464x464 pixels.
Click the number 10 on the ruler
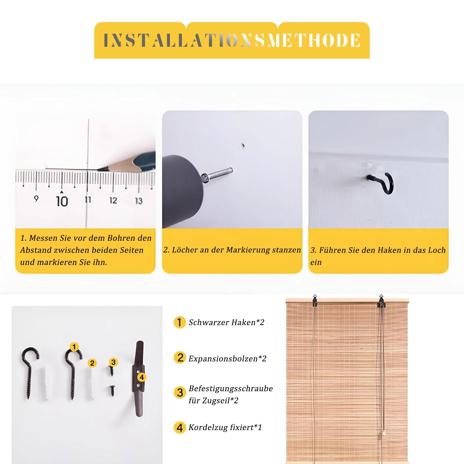[x=62, y=201]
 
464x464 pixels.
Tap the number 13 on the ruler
[x=139, y=201]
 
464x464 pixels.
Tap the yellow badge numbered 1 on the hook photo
[x=74, y=347]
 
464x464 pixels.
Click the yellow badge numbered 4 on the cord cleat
[x=142, y=377]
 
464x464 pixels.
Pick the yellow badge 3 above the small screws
[x=113, y=362]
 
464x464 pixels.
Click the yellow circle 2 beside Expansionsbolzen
[x=180, y=358]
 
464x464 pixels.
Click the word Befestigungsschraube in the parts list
[x=231, y=389]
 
